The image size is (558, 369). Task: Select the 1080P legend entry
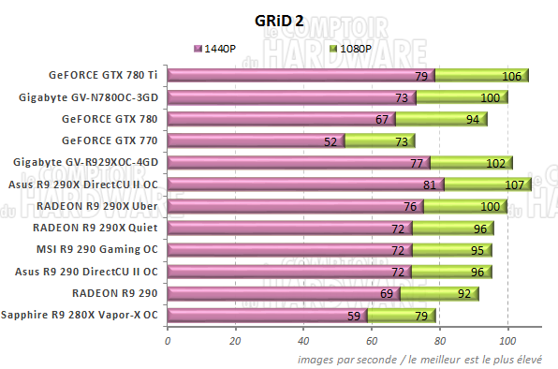pyautogui.click(x=355, y=48)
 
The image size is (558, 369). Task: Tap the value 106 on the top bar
pyautogui.click(x=511, y=76)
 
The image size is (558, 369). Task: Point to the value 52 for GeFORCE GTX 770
pyautogui.click(x=330, y=141)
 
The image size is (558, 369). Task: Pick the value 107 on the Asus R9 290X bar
pyautogui.click(x=514, y=184)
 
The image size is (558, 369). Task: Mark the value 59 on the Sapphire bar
pyautogui.click(x=354, y=316)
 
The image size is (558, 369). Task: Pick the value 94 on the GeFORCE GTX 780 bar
pyautogui.click(x=472, y=120)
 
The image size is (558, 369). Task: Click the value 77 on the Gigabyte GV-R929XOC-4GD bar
pyautogui.click(x=417, y=163)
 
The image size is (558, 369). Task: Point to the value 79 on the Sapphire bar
pyautogui.click(x=420, y=316)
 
